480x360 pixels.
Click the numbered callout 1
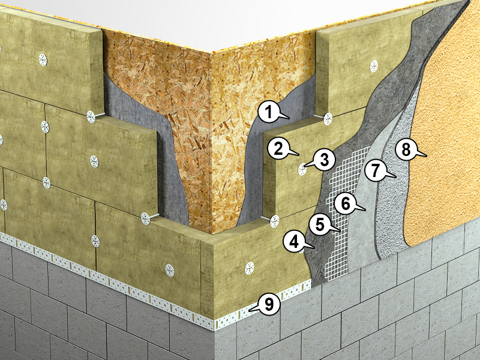coord(269,112)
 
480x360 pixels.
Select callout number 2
coord(278,149)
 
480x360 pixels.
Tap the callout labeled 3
coord(324,160)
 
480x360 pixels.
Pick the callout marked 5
coord(320,224)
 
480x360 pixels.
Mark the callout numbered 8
coord(406,150)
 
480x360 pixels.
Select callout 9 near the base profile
coord(269,304)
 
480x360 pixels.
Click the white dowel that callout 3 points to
coord(302,169)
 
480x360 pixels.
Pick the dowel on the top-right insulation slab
coord(374,66)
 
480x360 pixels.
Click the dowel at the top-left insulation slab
coord(43,60)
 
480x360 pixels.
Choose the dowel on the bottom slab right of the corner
coord(249,268)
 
